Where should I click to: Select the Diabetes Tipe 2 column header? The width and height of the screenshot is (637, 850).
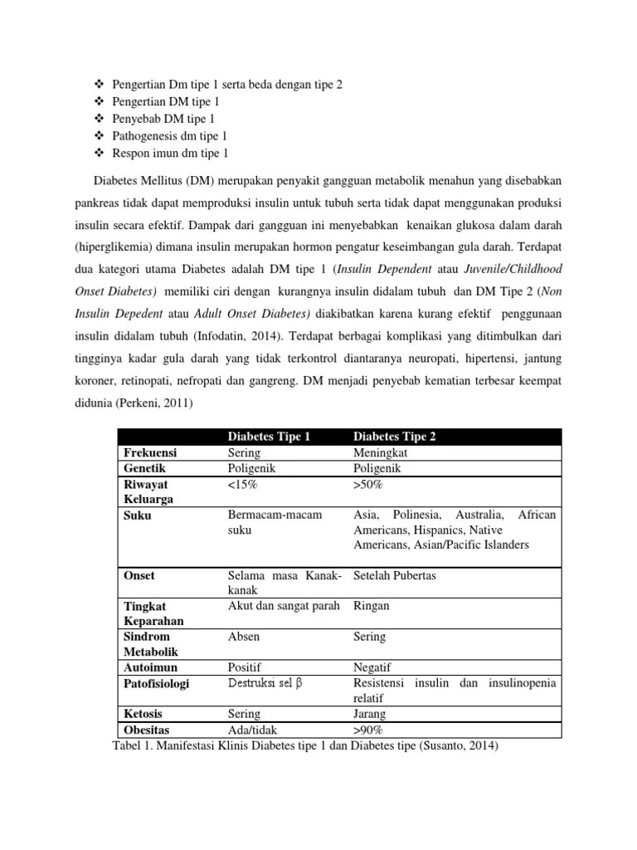[x=394, y=437]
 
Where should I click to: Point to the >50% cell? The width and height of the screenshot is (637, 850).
[x=367, y=484]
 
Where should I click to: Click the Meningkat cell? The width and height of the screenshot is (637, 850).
[x=380, y=453]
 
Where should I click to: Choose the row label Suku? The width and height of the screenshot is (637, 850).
[x=137, y=515]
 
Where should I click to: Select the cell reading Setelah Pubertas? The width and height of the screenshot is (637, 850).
[x=394, y=575]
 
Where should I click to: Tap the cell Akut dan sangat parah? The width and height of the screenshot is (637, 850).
[x=284, y=606]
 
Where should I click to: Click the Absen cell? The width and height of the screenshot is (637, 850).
[x=243, y=637]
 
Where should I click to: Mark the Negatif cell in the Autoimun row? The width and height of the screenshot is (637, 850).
[x=372, y=667]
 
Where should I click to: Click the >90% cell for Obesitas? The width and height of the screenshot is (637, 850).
[x=367, y=730]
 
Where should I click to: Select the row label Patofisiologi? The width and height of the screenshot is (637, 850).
[x=156, y=683]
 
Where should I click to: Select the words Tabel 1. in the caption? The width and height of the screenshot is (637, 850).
[x=134, y=745]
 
